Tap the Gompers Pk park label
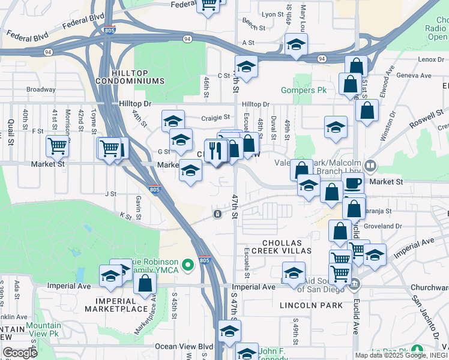304,91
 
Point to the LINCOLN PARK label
311,305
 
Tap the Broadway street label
41,89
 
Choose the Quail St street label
11,133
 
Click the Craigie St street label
217,117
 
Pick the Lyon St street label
272,14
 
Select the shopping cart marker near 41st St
58,145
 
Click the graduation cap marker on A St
295,45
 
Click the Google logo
20,352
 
